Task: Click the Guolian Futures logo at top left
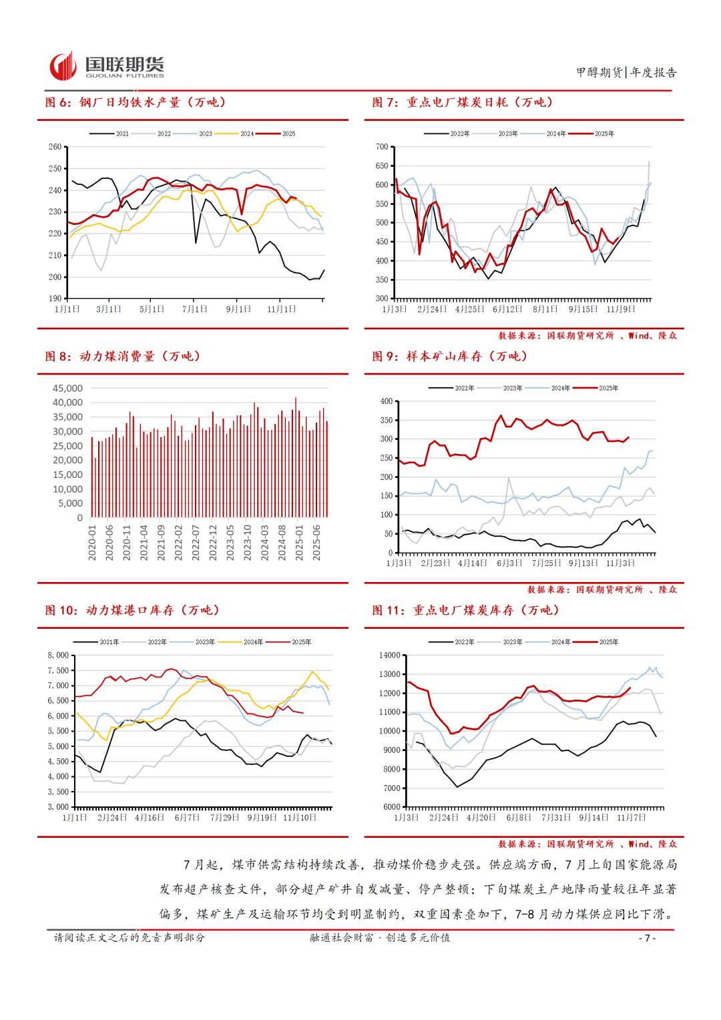pos(107,67)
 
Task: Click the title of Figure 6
pos(136,102)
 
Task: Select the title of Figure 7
pos(463,102)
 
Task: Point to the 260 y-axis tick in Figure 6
pos(55,147)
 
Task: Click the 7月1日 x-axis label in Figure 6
pos(194,309)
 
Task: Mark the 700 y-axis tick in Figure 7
pos(382,147)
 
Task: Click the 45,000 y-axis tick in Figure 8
pos(67,389)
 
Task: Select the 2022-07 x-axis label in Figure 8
pos(196,542)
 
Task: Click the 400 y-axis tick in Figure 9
pos(387,401)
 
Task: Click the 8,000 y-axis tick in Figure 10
pos(58,656)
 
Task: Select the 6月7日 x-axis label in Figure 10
pos(187,818)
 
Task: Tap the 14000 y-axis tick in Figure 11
pos(390,656)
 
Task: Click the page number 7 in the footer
pos(647,938)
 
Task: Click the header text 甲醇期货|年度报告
pos(626,72)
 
